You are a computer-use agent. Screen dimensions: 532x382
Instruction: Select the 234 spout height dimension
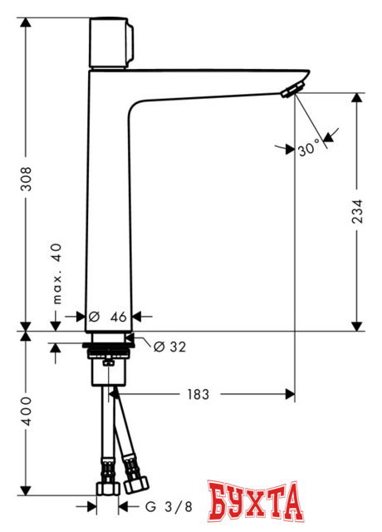[357, 211]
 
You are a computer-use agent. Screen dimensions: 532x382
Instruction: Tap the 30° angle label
[308, 149]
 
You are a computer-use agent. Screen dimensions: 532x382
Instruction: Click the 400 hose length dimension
[27, 411]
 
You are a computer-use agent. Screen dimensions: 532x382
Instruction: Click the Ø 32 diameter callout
[169, 347]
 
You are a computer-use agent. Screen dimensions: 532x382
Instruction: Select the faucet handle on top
[110, 44]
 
